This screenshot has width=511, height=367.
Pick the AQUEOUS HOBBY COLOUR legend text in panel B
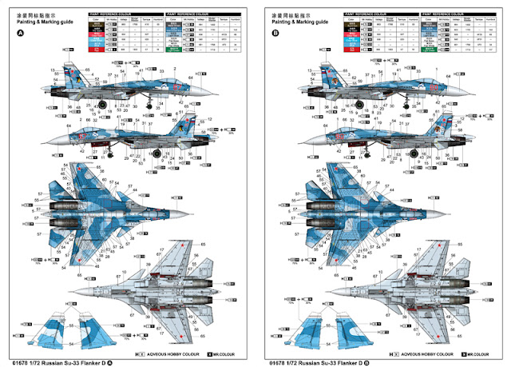[x=426, y=353]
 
